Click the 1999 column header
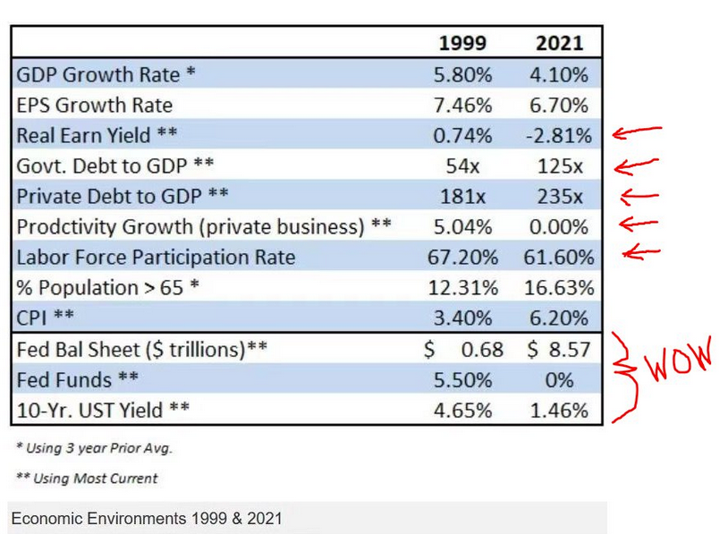point(462,43)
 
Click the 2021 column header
point(559,43)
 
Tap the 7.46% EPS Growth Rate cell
point(462,105)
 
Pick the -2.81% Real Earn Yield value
point(559,135)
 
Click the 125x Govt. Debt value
point(559,165)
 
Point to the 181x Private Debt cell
point(462,196)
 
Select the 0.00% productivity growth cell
point(559,226)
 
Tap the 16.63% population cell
point(559,288)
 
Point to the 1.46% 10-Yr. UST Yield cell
point(559,411)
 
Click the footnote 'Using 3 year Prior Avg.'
point(94,448)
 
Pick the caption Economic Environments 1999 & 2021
point(148,518)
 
